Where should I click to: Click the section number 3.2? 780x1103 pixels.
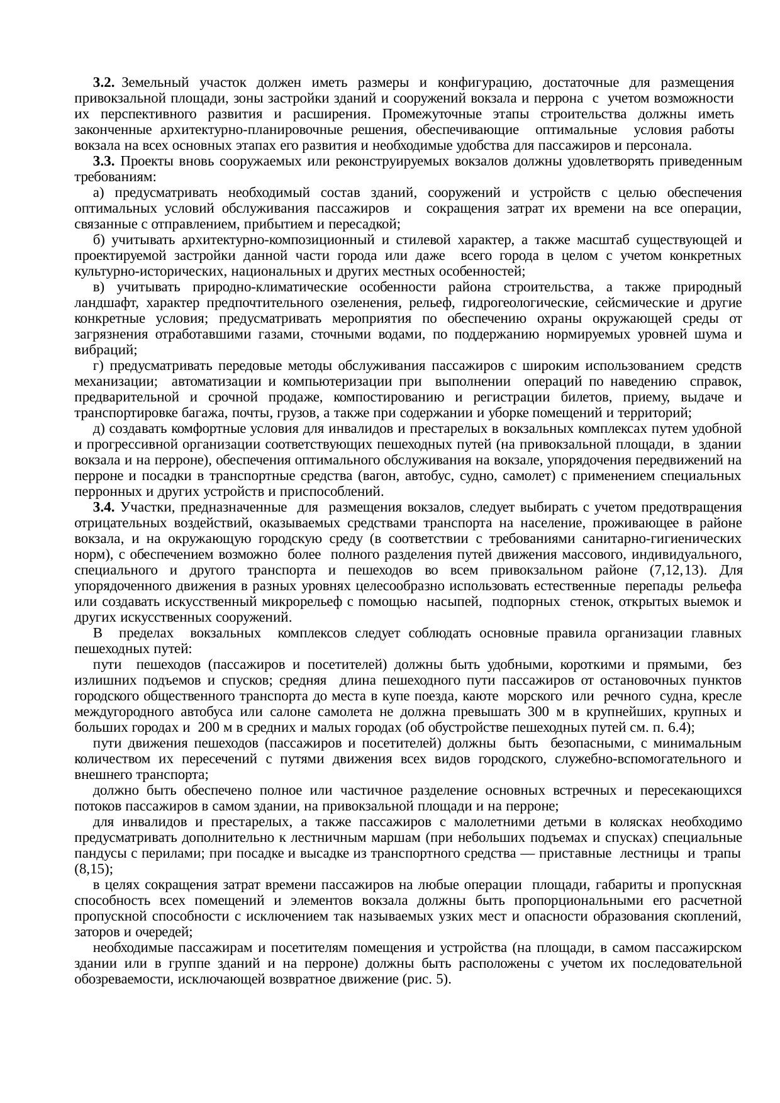pos(103,82)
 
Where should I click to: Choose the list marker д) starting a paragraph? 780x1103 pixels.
pos(99,428)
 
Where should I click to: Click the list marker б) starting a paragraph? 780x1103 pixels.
pos(99,240)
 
